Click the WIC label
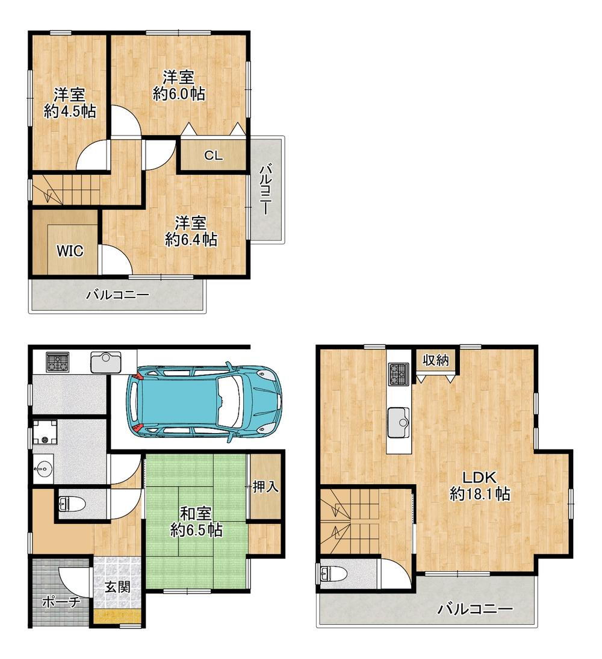70,251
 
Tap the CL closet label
214,155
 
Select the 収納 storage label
436,360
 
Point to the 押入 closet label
265,486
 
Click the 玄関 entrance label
117,587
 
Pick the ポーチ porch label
61,602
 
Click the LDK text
479,477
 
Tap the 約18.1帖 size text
480,493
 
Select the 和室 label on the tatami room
196,514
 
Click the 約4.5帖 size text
70,111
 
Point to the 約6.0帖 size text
179,93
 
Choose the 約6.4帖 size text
191,239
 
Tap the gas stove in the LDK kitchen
399,373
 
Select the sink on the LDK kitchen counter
399,422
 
